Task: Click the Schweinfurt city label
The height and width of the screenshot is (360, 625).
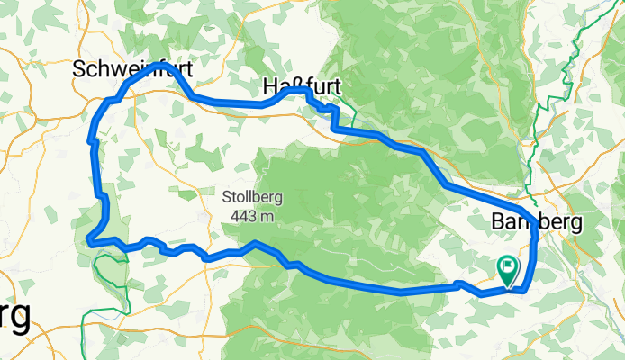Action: coord(132,68)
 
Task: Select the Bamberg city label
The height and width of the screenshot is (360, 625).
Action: coord(537,221)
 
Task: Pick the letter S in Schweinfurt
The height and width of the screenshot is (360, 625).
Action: coord(78,68)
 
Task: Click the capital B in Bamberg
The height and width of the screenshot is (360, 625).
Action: coord(499,221)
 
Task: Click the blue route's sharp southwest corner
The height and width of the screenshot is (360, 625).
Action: coord(90,239)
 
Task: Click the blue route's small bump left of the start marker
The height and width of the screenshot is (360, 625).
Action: coord(459,283)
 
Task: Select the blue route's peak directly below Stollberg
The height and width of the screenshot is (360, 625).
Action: coord(256,243)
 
